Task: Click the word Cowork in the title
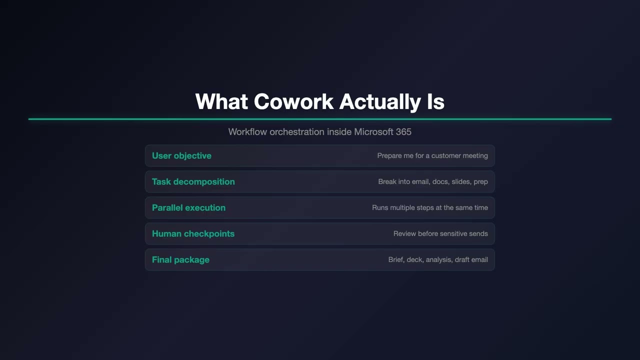(x=293, y=101)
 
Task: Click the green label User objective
(x=181, y=155)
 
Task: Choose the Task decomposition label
(x=193, y=181)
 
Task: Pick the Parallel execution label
(x=188, y=207)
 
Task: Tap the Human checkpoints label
(x=193, y=233)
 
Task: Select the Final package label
(x=180, y=259)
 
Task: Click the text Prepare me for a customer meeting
(x=432, y=155)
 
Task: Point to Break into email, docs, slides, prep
(x=433, y=181)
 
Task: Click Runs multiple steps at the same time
(x=430, y=207)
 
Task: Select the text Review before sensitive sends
(x=440, y=233)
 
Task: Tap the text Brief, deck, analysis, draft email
(x=438, y=259)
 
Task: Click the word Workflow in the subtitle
(x=247, y=132)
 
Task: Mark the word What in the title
(x=221, y=101)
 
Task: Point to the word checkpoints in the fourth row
(x=209, y=233)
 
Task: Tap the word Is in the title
(x=435, y=101)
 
